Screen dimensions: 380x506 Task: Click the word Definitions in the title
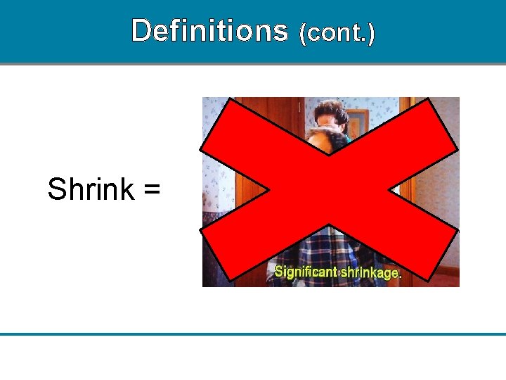(x=209, y=31)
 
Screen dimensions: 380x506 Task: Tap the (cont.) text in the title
(x=337, y=33)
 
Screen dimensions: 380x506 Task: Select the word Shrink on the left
(x=91, y=189)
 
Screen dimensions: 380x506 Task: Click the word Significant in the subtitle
(x=305, y=271)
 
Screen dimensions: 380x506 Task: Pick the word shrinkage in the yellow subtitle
(x=369, y=272)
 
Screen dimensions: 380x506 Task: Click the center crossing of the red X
(x=329, y=190)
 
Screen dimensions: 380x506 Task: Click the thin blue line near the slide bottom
(x=253, y=334)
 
